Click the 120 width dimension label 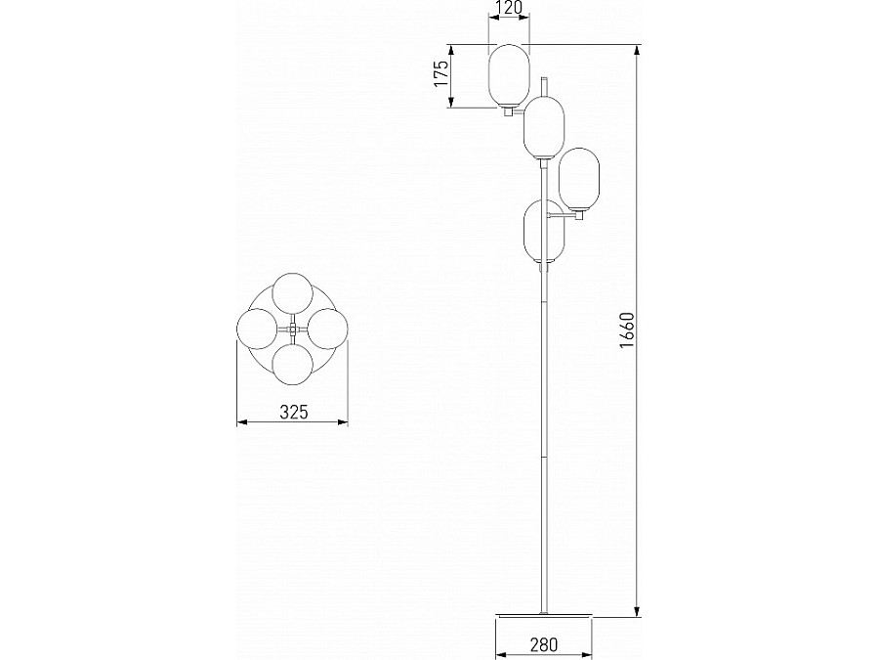coord(509,8)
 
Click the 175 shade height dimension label coord(441,73)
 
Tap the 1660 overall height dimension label coord(627,330)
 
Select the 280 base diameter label coord(543,645)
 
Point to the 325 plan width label coord(294,413)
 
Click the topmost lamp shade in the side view coord(509,75)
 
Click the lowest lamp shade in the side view coord(544,231)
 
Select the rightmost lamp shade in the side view coord(579,179)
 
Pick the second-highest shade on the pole coord(544,127)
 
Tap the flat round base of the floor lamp coord(543,616)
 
